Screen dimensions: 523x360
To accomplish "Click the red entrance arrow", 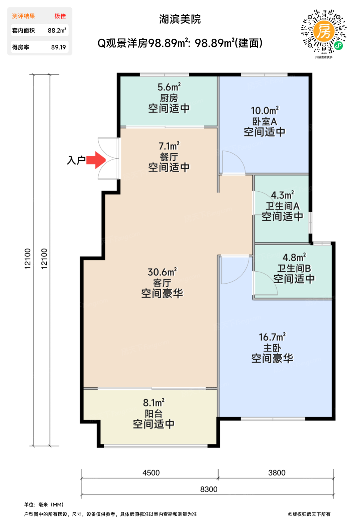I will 96,160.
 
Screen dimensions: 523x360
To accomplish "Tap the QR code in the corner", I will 323,32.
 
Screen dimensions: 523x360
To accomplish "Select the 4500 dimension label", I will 151,473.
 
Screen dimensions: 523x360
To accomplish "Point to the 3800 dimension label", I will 277,473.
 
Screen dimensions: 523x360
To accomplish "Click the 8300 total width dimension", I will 209,489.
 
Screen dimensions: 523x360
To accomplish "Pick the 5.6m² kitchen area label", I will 169,87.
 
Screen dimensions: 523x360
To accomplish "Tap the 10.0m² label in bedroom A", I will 265,111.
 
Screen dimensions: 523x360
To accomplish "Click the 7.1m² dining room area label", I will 169,146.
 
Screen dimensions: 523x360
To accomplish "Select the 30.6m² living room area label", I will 162,272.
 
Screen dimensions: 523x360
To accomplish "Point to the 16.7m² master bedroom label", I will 272,337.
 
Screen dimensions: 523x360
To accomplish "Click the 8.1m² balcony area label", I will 154,403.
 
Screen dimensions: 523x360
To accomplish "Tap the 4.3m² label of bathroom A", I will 282,195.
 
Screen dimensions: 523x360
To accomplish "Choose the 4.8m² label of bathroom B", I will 294,257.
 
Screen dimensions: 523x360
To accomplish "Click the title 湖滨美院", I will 180,19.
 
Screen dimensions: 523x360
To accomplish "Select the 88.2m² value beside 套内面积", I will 57,31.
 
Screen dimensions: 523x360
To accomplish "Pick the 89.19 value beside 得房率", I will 58,47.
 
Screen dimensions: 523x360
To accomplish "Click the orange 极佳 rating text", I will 60,16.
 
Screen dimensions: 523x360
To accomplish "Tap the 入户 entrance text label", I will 76,160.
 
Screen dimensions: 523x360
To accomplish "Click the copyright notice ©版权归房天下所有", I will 309,514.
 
